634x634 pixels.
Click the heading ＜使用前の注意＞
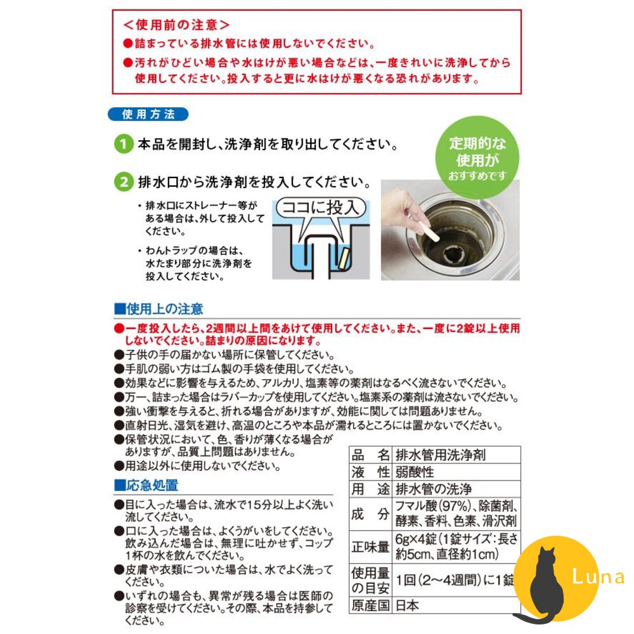click(176, 25)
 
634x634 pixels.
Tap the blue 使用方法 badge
click(147, 115)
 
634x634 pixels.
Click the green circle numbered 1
click(124, 144)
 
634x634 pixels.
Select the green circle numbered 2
click(124, 183)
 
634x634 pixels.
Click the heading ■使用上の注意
click(158, 309)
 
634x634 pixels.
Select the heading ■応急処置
click(146, 486)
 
